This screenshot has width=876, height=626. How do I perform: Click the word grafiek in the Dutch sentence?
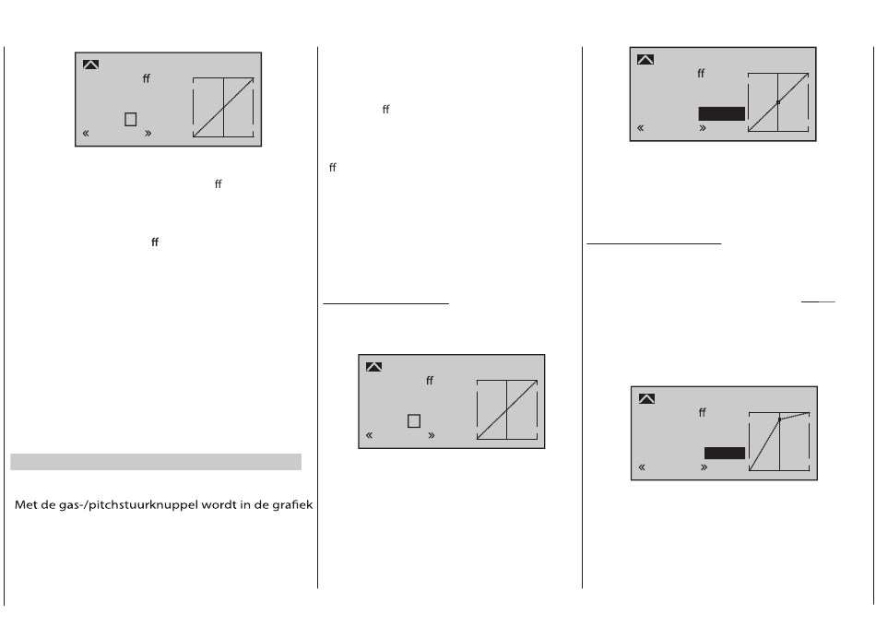point(292,505)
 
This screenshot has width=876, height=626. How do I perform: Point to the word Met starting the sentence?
point(24,505)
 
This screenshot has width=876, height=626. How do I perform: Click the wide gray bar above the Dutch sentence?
point(156,462)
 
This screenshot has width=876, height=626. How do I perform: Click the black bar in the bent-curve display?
point(725,453)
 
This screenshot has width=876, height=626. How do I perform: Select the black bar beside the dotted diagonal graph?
point(722,114)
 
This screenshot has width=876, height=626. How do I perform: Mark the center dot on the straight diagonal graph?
point(778,102)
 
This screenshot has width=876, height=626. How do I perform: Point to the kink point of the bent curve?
point(779,419)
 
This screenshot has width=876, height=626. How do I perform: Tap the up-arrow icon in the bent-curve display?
point(647,398)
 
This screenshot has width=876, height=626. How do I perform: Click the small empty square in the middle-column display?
point(414,421)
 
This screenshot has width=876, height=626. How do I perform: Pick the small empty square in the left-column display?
point(131,120)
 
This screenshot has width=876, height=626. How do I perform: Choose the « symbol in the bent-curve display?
point(642,467)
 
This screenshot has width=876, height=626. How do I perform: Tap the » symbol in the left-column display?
point(148,133)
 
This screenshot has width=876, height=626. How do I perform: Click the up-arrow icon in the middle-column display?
point(373,367)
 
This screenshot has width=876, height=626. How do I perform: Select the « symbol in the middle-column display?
point(369,435)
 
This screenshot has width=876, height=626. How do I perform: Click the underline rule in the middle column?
point(386,304)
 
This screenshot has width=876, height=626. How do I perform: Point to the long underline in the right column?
point(654,243)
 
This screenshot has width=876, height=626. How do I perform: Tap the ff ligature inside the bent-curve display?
point(703,412)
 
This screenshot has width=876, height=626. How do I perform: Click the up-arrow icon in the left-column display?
point(90,65)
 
